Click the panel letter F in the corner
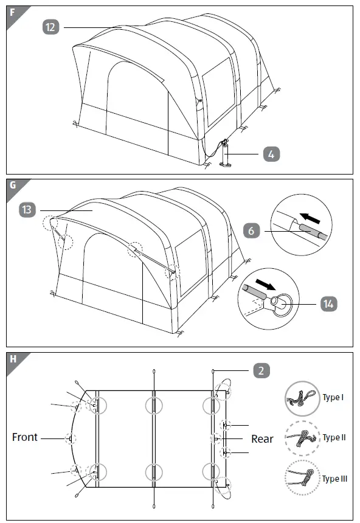13,13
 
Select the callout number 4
272,154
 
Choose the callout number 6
251,231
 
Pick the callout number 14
328,303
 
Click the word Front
25,437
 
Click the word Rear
262,438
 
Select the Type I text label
333,398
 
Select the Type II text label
334,438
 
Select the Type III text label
334,479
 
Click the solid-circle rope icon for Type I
302,398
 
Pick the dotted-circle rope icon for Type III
302,479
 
